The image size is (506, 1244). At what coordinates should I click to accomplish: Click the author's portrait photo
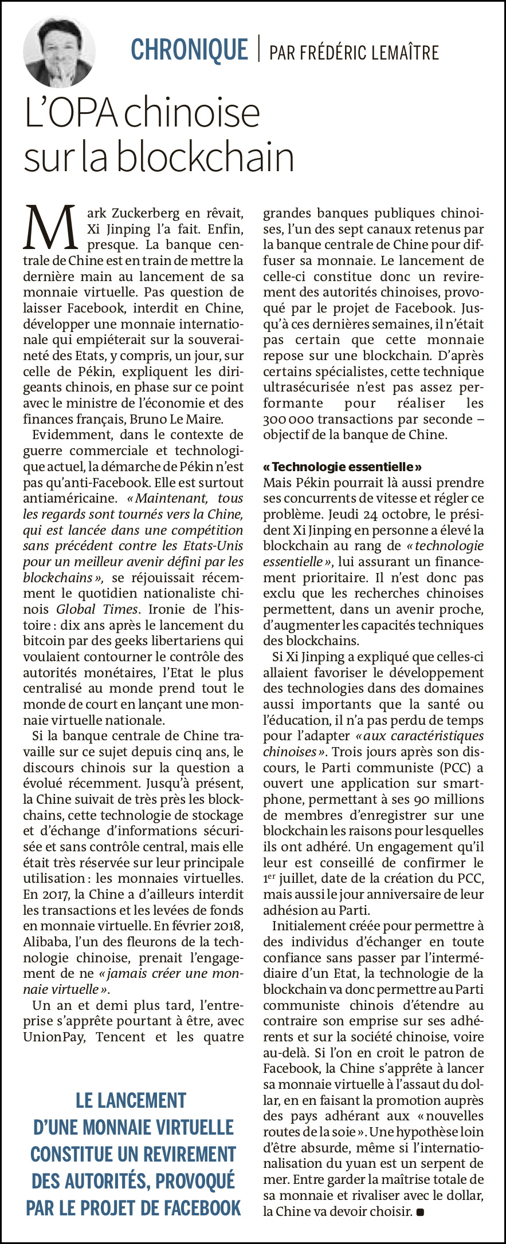pyautogui.click(x=59, y=51)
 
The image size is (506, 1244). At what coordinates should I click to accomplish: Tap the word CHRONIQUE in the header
pyautogui.click(x=189, y=49)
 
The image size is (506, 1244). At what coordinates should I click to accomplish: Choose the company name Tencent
pyautogui.click(x=122, y=1036)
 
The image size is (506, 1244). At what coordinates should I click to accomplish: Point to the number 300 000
pyautogui.click(x=287, y=419)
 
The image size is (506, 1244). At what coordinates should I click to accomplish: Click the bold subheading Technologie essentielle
pyautogui.click(x=342, y=467)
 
